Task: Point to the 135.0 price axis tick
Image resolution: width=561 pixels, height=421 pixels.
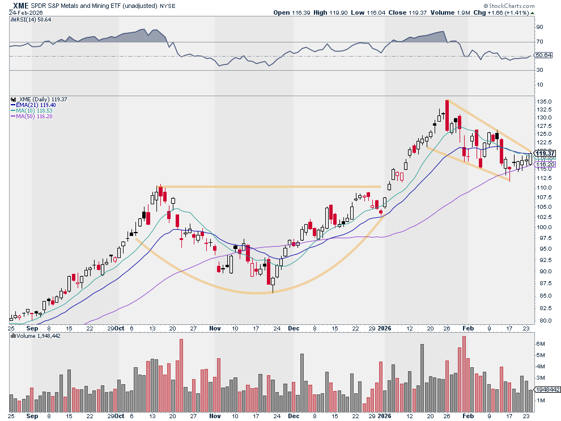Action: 543,102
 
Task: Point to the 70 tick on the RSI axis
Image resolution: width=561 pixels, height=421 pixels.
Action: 539,42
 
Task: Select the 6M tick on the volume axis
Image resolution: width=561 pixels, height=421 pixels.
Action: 541,343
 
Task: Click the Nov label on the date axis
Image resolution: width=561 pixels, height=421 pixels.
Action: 214,328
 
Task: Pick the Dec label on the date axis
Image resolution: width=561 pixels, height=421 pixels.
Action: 293,328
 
